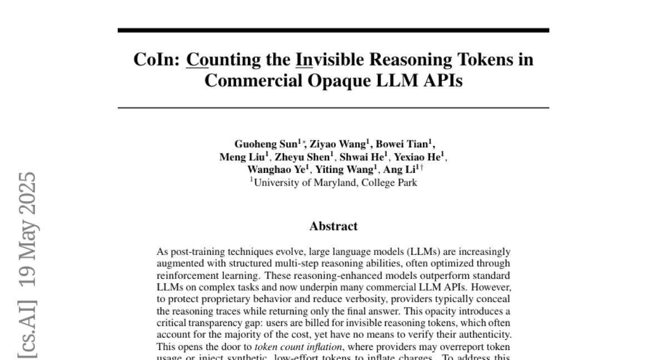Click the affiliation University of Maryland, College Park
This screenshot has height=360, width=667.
[x=335, y=182]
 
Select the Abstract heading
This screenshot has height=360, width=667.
[x=333, y=226]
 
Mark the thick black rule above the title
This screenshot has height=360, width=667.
[x=333, y=30]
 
